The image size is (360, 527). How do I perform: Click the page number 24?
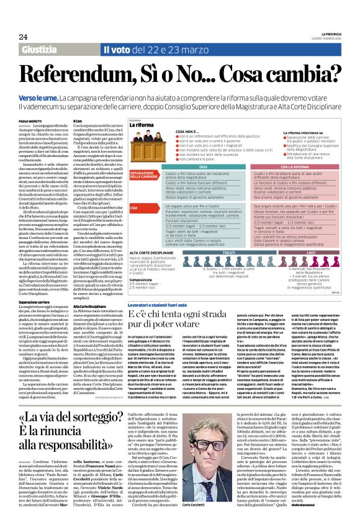[23, 37]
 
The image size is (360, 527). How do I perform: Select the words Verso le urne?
[35, 98]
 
